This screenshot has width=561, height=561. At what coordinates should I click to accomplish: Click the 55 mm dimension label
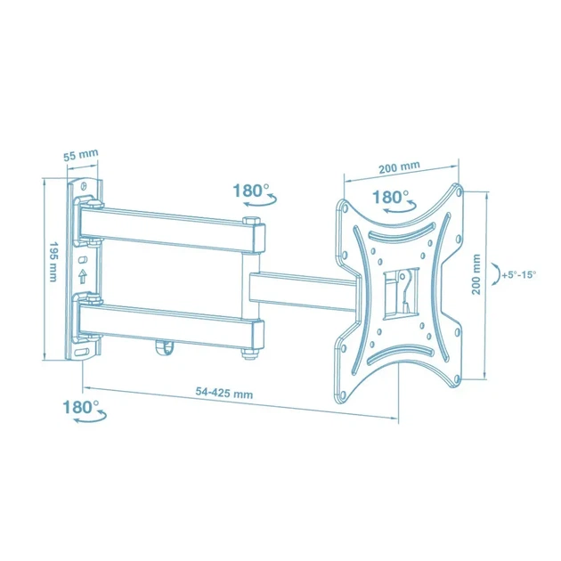[x=80, y=155]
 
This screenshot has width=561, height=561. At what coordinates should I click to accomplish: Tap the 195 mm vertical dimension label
[x=53, y=261]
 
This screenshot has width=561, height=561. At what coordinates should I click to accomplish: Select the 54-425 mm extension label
[x=224, y=393]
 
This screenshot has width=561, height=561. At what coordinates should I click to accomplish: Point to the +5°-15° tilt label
[x=519, y=275]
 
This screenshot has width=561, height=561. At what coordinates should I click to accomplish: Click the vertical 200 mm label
[x=476, y=274]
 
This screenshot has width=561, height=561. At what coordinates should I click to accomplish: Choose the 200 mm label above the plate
[x=399, y=167]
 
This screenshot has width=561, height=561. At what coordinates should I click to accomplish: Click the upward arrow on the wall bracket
[x=83, y=276]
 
